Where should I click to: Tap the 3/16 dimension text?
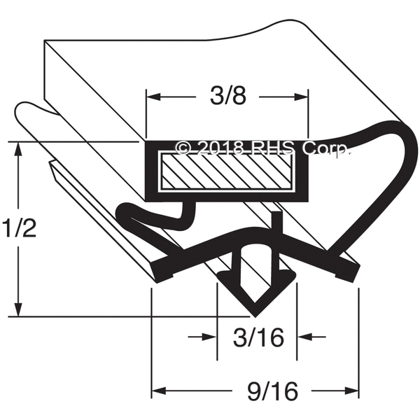[x=258, y=337]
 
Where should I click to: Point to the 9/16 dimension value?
[x=272, y=391]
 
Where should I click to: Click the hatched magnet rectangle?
[x=227, y=171]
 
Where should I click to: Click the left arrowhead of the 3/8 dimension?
[x=154, y=97]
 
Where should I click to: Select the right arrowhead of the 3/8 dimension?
[x=301, y=97]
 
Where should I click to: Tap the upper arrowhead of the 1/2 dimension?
[x=18, y=149]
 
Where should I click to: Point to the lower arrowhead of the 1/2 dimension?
[x=18, y=309]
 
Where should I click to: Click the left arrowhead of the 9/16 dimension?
[x=159, y=391]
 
